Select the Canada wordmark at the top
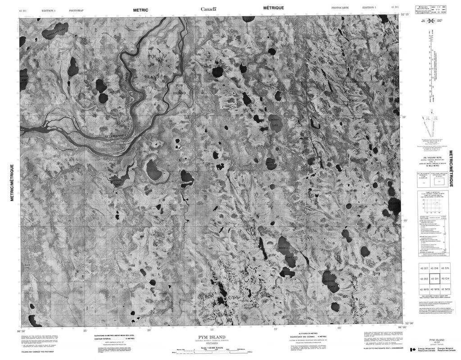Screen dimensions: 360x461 pos(208,9)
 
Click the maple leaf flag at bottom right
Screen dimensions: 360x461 pos(412,350)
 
